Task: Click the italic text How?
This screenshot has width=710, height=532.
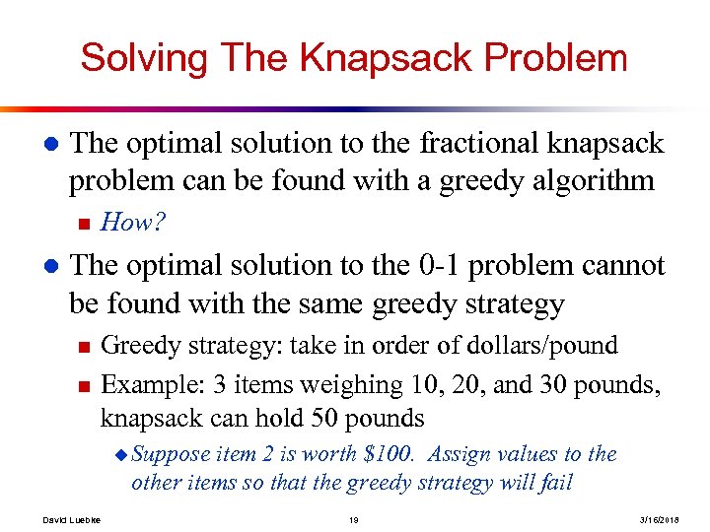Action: [133, 223]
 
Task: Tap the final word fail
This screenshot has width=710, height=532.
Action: [557, 483]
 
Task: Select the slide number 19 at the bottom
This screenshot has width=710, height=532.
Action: [353, 519]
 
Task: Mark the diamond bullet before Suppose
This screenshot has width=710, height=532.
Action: [121, 455]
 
